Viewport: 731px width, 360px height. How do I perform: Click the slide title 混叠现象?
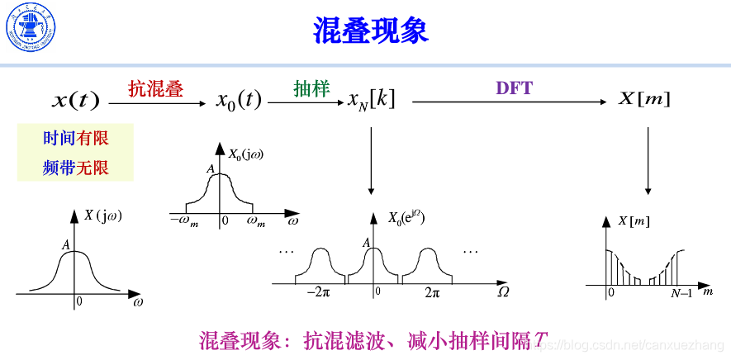point(370,31)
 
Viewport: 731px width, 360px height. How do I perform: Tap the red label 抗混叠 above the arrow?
point(155,88)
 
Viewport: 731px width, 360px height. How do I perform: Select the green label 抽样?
point(311,88)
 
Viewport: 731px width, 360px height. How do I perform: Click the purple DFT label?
point(514,88)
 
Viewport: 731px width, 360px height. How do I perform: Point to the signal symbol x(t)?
point(75,102)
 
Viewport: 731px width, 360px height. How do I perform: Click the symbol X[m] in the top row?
point(644,100)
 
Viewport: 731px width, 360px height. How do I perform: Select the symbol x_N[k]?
point(372,100)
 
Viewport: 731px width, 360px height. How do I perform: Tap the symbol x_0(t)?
point(239,101)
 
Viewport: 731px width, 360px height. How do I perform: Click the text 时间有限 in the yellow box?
point(76,139)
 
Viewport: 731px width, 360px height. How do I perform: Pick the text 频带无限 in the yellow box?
point(76,168)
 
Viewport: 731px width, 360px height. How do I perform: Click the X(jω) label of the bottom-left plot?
point(102,216)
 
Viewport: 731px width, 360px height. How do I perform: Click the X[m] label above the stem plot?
point(633,220)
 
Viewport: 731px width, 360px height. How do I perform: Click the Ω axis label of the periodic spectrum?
point(502,292)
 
